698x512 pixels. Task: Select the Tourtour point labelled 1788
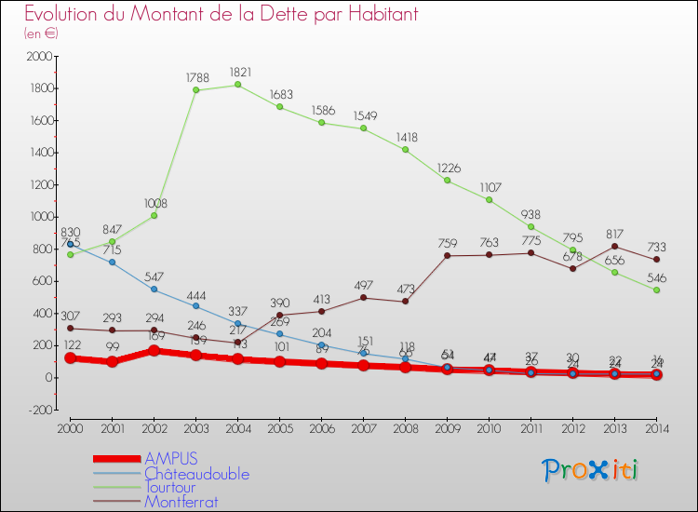tap(195, 90)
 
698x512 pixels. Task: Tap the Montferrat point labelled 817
tap(614, 246)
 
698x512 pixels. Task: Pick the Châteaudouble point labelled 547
tap(154, 290)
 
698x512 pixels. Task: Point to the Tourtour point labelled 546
tap(656, 290)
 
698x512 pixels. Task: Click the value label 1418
tap(405, 137)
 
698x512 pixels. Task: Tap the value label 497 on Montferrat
tap(363, 285)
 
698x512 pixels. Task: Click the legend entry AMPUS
tap(170, 459)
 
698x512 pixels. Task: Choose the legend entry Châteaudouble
tap(196, 474)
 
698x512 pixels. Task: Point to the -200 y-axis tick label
tap(38, 410)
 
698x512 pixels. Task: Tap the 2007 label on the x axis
tap(363, 427)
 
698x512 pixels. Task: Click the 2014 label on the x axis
tap(656, 427)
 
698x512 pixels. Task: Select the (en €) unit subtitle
tap(41, 34)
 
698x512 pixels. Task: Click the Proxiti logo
tap(591, 469)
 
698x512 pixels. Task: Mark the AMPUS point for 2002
tap(154, 351)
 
